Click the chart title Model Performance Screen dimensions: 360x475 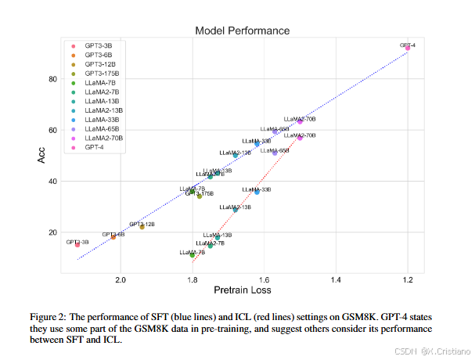242,31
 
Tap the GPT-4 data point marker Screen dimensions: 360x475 408,49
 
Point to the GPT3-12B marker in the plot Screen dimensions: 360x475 142,227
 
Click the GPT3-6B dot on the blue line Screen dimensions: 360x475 113,236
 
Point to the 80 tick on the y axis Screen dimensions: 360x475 52,79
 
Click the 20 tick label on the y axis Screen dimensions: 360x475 52,232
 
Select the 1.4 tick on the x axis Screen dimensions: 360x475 336,279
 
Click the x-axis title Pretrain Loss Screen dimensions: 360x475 242,291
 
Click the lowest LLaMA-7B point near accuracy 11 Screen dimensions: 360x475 193,254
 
